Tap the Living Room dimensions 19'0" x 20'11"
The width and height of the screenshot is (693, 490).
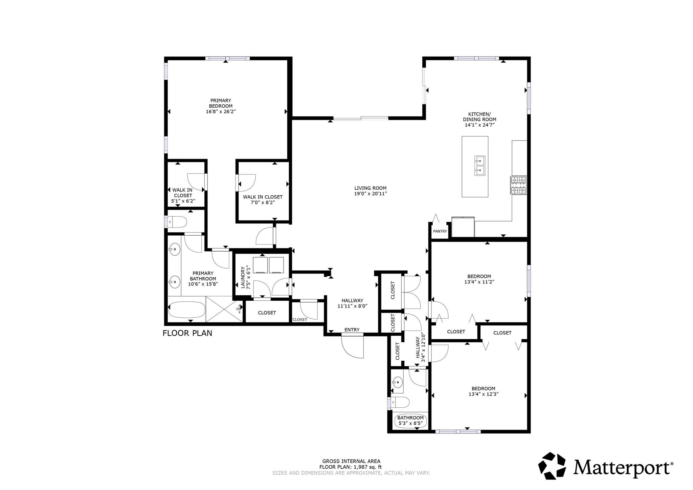370,194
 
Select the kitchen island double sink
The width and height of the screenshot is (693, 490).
479,166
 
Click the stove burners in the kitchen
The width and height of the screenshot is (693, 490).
518,185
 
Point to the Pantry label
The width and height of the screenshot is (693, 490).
440,231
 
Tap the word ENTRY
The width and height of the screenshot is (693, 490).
352,330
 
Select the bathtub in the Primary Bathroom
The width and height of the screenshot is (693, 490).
186,310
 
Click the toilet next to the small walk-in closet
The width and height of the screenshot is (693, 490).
178,222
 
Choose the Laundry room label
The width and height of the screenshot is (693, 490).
245,278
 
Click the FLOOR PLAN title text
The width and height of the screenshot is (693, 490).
187,333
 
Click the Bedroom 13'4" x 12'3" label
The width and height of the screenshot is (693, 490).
483,391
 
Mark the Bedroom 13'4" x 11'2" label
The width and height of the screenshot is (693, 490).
479,279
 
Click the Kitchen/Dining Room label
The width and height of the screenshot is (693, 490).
479,120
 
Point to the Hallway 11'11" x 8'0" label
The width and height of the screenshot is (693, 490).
352,303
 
